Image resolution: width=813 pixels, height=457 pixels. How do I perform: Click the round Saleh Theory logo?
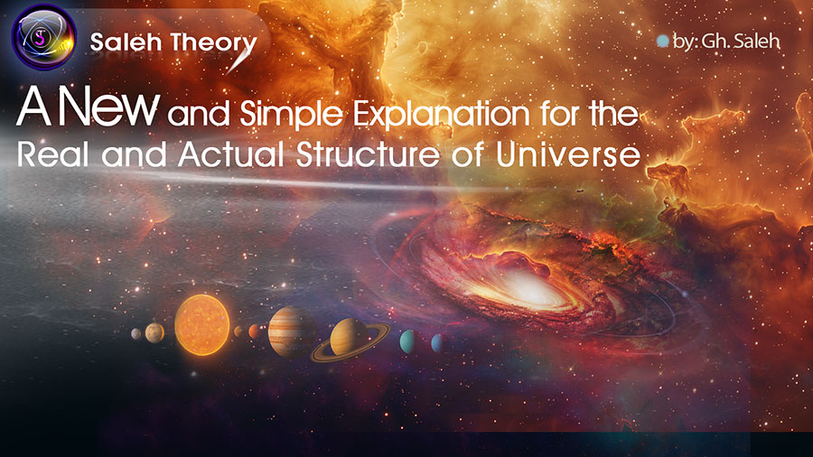[44, 37]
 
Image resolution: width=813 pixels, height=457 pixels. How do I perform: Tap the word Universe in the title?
[568, 154]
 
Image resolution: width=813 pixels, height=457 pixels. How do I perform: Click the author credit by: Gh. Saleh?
[726, 42]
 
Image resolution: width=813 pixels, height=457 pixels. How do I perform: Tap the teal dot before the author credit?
[662, 41]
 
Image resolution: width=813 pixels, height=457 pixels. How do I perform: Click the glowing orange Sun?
[201, 325]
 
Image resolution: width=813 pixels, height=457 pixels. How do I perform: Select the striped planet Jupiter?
[292, 331]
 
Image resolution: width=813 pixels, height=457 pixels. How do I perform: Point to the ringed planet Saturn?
[350, 339]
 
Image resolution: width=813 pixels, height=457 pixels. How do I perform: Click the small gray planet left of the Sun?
[136, 333]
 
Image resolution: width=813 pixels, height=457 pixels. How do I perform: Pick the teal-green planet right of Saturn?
[407, 341]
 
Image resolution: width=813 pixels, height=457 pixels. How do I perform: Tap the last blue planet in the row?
[438, 342]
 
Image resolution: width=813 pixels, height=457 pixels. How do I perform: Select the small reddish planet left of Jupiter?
[255, 331]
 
